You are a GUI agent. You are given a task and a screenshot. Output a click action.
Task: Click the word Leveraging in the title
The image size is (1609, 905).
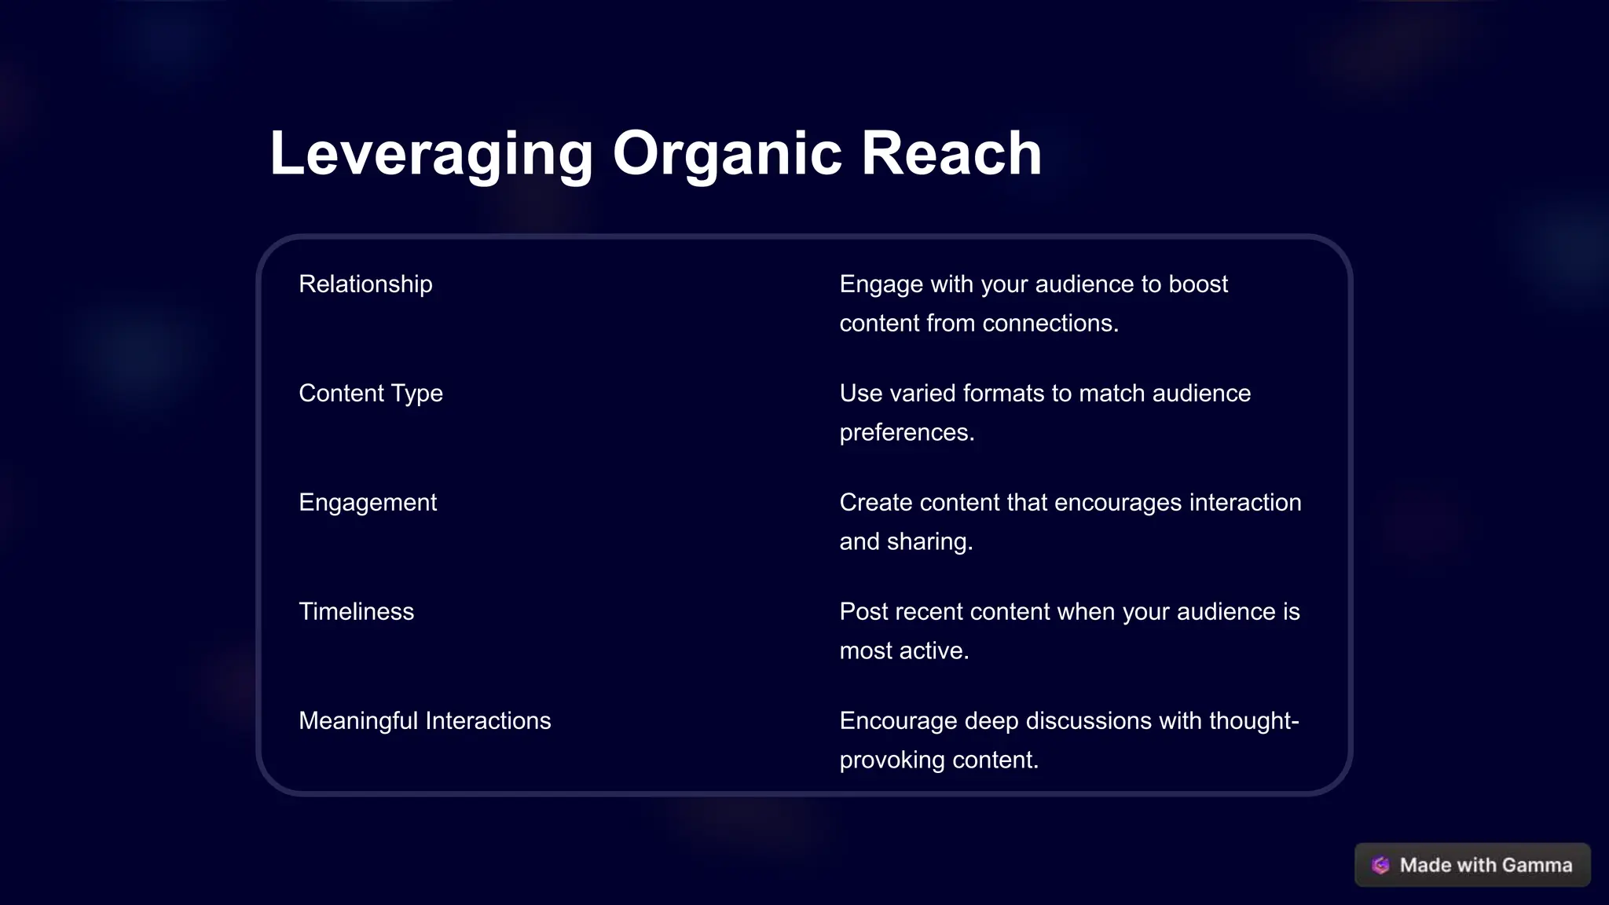431,153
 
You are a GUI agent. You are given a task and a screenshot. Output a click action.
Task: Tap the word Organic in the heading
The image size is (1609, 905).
728,153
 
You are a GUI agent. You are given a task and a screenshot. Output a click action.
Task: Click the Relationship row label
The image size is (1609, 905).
365,284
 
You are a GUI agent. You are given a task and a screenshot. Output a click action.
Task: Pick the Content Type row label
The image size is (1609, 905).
371,393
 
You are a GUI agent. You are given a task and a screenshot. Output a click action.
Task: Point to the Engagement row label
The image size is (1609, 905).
368,502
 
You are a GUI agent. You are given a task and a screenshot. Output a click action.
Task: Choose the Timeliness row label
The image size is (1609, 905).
356,611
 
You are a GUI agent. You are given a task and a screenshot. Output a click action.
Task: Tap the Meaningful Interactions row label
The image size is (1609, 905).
424,720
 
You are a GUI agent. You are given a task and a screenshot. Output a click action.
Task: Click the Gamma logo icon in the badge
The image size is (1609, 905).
1380,865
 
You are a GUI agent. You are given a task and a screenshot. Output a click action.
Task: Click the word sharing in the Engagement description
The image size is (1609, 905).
929,542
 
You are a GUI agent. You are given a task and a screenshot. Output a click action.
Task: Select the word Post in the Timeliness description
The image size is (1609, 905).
863,611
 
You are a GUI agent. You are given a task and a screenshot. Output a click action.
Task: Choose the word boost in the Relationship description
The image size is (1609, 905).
1198,284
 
